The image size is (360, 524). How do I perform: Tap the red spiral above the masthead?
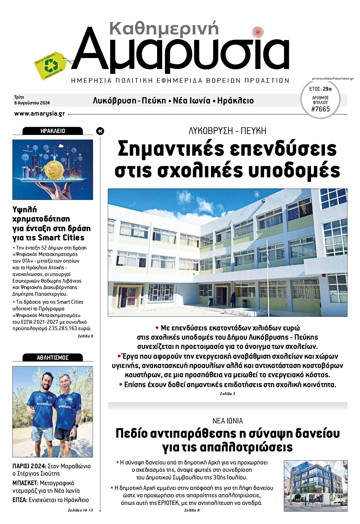257,32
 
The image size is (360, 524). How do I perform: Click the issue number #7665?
320,109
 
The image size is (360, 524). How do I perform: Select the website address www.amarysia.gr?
40,114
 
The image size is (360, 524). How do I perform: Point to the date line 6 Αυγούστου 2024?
32,103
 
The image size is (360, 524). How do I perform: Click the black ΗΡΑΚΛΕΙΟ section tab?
53,131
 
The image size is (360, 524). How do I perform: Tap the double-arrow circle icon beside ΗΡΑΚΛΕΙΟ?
100,131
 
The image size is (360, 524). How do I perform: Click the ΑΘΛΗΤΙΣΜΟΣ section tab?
53,358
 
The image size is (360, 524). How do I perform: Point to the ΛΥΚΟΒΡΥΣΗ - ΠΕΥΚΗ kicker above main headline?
227,131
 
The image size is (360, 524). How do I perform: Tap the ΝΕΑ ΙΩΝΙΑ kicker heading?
227,421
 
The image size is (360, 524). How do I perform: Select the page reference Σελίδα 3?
227,394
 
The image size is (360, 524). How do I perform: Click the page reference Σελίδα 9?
85,336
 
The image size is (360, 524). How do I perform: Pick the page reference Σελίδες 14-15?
80,510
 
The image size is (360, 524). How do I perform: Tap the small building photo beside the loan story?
315,485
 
